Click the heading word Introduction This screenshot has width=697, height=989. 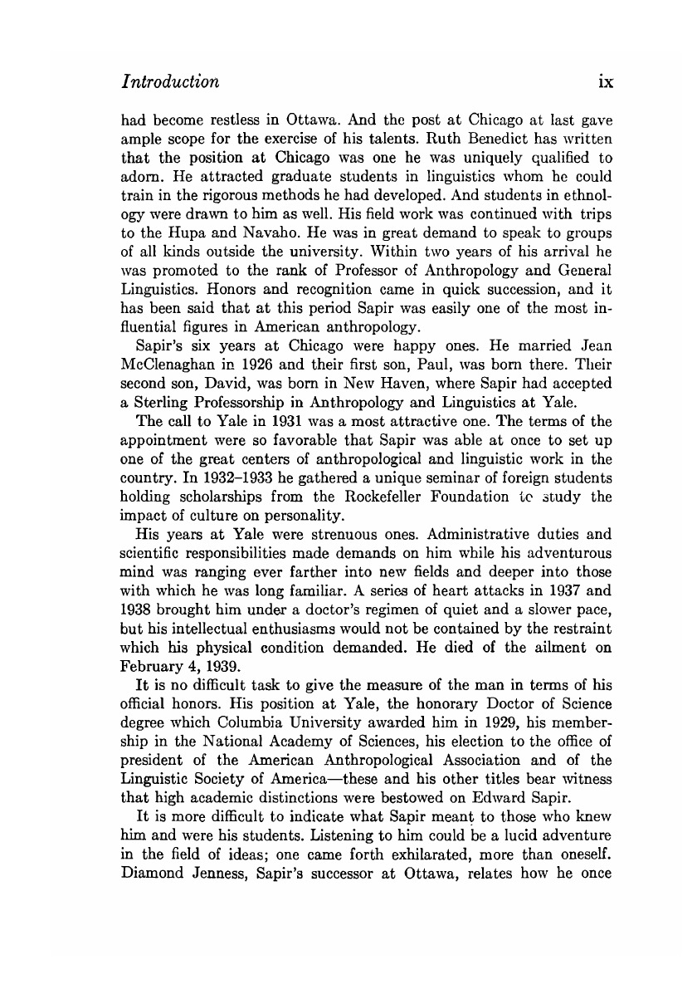pyautogui.click(x=170, y=82)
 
